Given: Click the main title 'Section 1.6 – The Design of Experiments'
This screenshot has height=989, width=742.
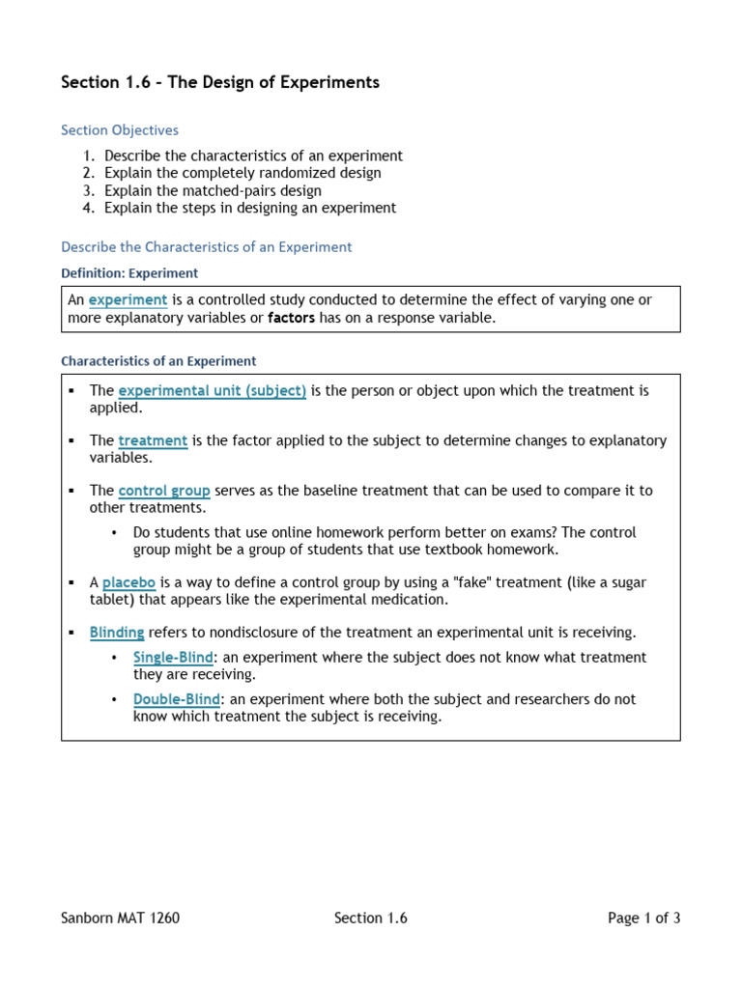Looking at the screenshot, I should [220, 83].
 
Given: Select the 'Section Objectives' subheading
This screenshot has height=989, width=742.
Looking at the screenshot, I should [120, 130].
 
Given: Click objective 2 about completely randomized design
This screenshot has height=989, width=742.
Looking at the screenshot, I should [243, 173].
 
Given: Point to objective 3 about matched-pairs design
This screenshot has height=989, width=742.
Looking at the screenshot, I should [213, 190].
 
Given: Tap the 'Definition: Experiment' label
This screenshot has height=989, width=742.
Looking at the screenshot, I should [129, 273].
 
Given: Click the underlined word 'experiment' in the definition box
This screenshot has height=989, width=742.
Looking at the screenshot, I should [128, 300].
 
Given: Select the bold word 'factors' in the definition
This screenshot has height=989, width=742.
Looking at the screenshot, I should [291, 318].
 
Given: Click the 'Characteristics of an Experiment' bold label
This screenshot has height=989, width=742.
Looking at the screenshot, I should [158, 361].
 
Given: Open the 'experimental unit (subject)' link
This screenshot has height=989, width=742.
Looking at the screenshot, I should [213, 391].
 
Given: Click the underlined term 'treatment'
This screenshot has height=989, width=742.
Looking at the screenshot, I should [153, 440].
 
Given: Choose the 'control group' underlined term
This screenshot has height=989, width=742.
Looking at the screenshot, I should [164, 491].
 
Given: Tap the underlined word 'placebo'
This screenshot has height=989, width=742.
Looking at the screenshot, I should [129, 582].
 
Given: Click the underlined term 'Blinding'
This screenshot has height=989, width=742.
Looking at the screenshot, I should [117, 633].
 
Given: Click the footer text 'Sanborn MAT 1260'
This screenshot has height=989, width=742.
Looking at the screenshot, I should [120, 918].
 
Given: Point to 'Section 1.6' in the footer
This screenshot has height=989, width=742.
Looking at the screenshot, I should [371, 918].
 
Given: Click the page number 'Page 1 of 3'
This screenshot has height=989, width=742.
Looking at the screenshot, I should [643, 918].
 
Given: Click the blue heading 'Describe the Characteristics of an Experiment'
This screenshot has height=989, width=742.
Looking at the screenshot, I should [207, 247].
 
